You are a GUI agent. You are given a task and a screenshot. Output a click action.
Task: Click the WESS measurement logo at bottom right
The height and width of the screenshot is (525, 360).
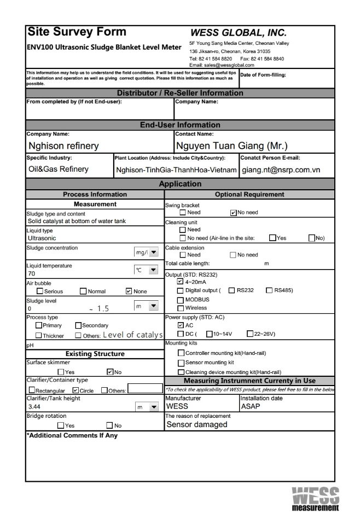[315, 498]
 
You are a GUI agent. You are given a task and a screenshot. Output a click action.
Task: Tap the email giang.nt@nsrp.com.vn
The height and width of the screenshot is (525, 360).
[281, 170]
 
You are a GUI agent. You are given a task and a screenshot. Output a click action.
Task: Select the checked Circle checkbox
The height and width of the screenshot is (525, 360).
[76, 390]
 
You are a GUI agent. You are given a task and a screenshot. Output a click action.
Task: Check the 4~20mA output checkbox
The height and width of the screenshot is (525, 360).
[181, 282]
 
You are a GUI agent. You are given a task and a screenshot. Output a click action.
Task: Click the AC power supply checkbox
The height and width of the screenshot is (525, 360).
[181, 325]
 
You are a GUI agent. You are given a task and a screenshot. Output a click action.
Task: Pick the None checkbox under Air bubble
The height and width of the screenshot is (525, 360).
[129, 291]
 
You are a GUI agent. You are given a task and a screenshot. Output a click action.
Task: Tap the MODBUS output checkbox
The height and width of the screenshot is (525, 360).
[181, 300]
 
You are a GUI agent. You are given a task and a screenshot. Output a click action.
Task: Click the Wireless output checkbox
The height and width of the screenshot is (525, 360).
[181, 308]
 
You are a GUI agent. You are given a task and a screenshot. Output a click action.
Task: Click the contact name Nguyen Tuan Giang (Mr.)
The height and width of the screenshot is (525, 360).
[231, 146]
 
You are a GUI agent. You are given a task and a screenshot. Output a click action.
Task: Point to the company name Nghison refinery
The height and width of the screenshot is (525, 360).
[63, 146]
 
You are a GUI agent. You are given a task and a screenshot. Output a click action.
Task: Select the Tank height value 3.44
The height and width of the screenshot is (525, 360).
[34, 407]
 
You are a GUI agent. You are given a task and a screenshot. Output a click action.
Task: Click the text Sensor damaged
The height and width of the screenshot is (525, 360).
[196, 424]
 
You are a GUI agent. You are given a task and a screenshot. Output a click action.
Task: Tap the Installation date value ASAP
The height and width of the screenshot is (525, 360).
[250, 406]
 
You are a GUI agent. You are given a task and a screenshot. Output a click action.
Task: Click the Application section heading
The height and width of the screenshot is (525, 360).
[180, 184]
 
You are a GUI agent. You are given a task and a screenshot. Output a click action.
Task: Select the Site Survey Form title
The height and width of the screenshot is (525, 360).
[77, 32]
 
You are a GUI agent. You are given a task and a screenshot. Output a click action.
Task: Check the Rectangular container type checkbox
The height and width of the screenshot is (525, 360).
[32, 390]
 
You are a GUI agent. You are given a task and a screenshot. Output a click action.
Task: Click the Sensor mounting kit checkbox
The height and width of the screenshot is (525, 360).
[181, 362]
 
